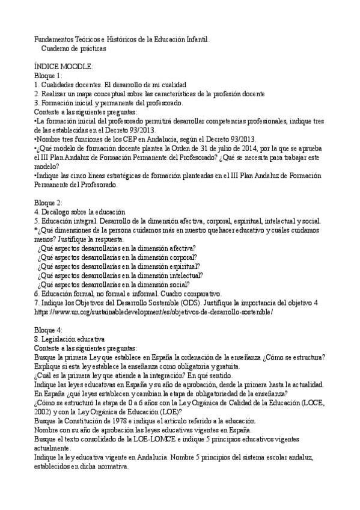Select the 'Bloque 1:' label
pyautogui.click(x=48, y=76)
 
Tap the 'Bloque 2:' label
pyautogui.click(x=48, y=203)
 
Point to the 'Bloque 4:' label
pyautogui.click(x=48, y=330)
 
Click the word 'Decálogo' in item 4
pyautogui.click(x=56, y=212)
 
